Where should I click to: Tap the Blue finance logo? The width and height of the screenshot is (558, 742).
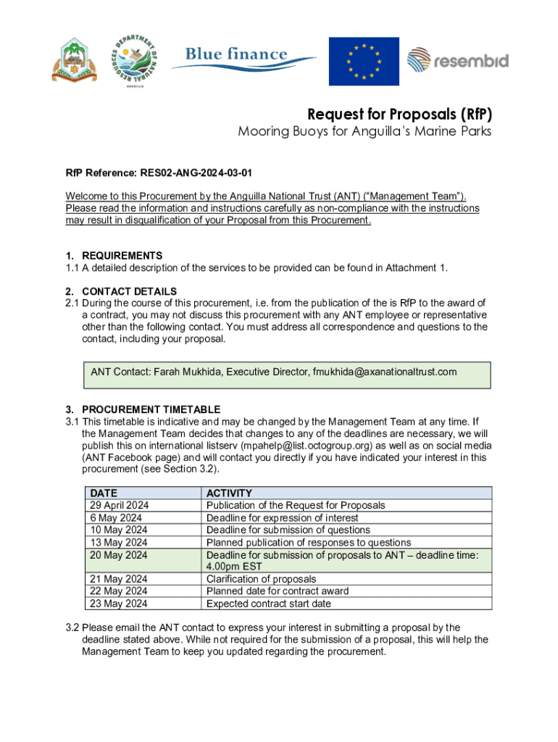click(x=243, y=57)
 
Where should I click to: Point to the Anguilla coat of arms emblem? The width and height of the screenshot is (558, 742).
click(x=74, y=61)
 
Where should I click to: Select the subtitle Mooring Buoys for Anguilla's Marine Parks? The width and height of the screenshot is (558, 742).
click(x=365, y=132)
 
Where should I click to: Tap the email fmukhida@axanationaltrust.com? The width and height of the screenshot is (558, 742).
click(x=384, y=372)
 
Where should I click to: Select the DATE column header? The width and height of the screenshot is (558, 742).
click(x=104, y=493)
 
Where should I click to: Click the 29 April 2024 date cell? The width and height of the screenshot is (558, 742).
click(x=119, y=505)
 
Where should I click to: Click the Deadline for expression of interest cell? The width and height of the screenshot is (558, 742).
click(x=282, y=517)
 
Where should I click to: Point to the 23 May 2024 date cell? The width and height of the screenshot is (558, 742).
click(x=119, y=604)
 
